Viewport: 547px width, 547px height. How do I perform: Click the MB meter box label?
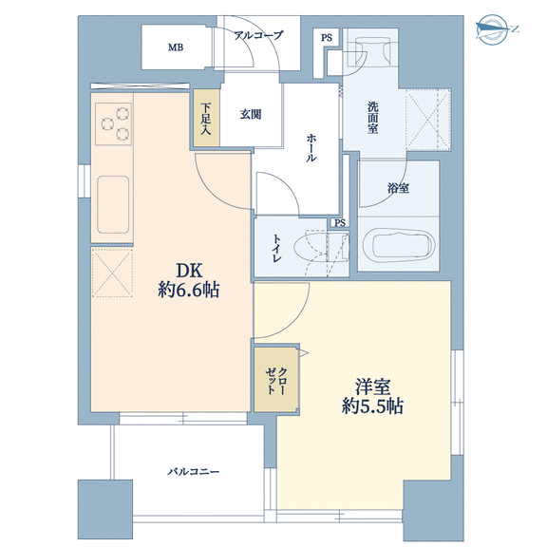click(176, 47)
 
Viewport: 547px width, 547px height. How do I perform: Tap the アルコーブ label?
click(258, 35)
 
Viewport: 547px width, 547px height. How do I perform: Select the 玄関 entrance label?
click(251, 114)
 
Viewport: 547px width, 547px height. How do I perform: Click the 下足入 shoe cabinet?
click(206, 118)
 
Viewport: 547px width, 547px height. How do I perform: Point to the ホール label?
click(311, 147)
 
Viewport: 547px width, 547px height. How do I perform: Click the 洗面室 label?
click(372, 118)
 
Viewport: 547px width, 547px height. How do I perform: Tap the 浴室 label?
click(398, 188)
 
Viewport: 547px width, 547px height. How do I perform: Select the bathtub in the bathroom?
click(399, 245)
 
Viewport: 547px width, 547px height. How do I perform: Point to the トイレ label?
click(277, 248)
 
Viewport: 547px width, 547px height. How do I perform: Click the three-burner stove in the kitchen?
click(113, 123)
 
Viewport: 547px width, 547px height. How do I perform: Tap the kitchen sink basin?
click(113, 204)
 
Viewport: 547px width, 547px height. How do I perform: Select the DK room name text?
click(189, 271)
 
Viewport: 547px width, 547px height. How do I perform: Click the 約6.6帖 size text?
click(189, 290)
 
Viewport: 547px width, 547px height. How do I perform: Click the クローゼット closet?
click(276, 379)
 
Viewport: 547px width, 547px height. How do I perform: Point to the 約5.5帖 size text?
click(372, 406)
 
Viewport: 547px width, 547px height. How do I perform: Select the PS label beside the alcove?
click(327, 38)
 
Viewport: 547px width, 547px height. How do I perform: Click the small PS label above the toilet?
click(340, 222)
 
